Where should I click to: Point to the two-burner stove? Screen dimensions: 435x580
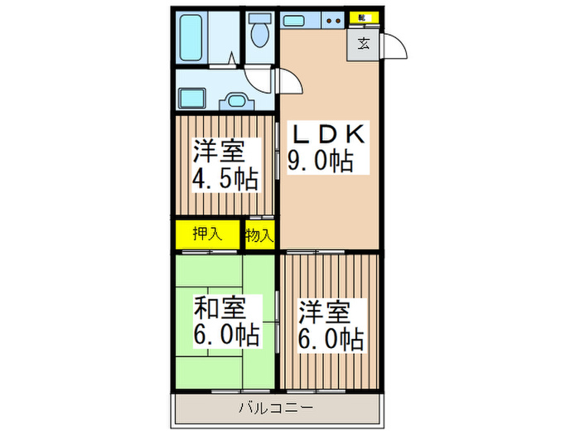click(333, 19)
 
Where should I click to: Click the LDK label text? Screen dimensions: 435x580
click(326, 133)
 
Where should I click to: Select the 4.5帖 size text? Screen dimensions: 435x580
click(225, 178)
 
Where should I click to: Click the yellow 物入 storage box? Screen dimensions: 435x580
click(259, 235)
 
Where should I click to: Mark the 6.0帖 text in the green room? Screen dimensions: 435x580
click(226, 336)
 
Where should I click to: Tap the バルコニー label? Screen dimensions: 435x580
click(276, 408)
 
